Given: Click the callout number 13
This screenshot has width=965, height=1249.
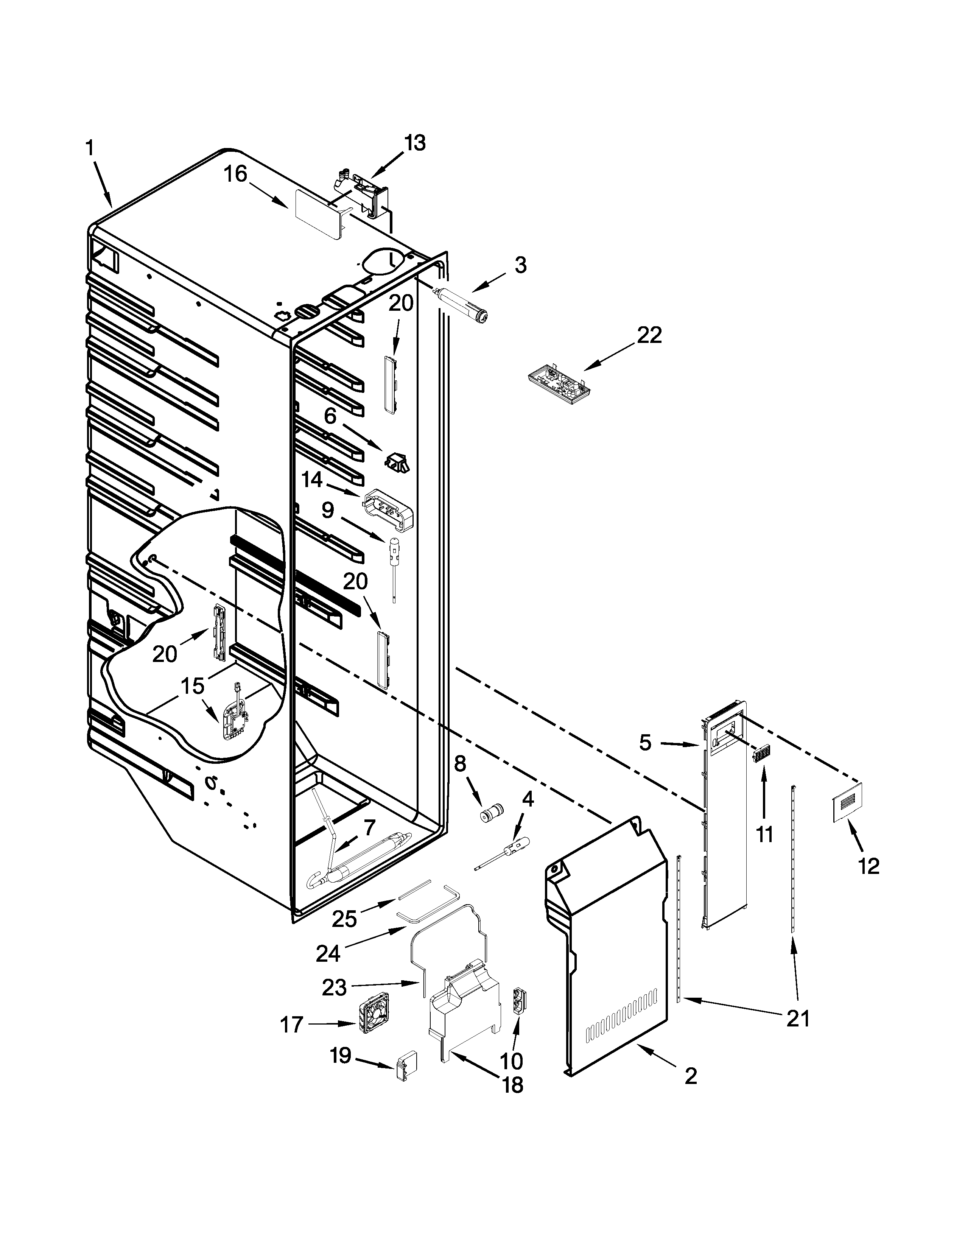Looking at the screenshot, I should [x=416, y=143].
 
